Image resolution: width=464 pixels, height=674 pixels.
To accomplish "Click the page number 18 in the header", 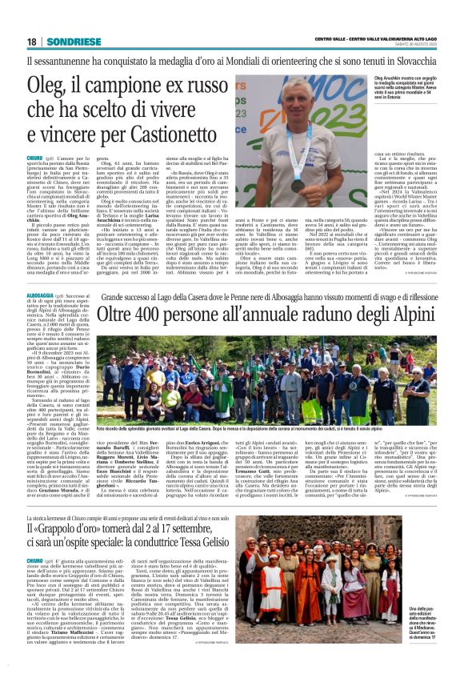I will [33, 42].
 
